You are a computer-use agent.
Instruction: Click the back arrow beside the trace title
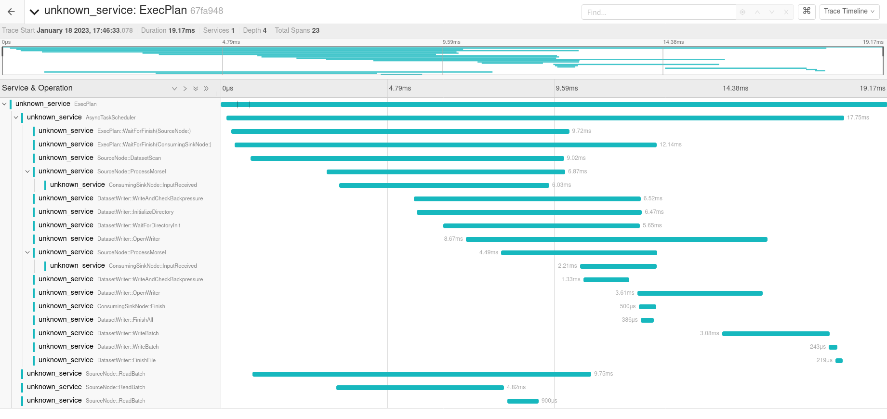12,12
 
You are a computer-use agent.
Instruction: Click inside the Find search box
658,12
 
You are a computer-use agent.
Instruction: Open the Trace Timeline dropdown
849,12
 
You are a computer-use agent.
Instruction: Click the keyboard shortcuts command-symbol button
807,11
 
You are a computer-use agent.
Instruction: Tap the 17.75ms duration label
858,118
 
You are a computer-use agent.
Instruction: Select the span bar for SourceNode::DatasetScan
407,158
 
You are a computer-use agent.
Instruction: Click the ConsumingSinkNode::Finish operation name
131,306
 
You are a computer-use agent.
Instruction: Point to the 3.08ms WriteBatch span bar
775,334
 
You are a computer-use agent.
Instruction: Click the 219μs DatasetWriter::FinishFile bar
839,361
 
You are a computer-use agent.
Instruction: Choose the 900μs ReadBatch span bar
523,401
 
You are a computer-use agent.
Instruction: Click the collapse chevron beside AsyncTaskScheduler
16,118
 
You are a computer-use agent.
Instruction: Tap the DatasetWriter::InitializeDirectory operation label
135,212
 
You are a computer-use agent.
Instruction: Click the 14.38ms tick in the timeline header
735,88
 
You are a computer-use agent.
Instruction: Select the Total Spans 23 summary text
297,30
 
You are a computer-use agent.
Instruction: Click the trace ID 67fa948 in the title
207,11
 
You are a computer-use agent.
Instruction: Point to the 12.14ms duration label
670,144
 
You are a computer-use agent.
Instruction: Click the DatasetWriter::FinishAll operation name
125,320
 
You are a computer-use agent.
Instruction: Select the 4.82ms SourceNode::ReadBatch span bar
420,388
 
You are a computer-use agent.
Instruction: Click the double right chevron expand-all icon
206,89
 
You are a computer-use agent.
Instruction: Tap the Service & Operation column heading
38,88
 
